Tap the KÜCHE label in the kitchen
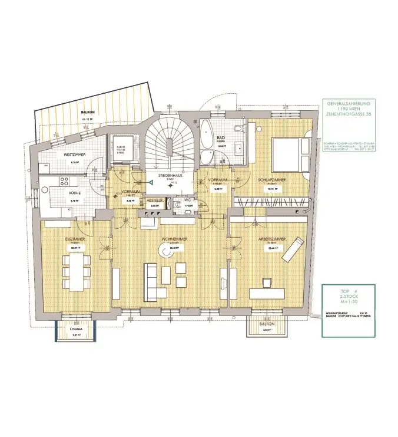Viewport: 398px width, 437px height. pyautogui.click(x=75, y=193)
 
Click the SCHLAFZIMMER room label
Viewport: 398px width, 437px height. pyautogui.click(x=271, y=183)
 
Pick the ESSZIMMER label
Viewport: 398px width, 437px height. pyautogui.click(x=74, y=239)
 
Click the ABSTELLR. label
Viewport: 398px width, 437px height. pyautogui.click(x=155, y=200)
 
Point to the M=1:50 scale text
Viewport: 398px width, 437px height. pyautogui.click(x=345, y=302)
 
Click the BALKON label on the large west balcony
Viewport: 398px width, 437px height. pyautogui.click(x=88, y=111)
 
